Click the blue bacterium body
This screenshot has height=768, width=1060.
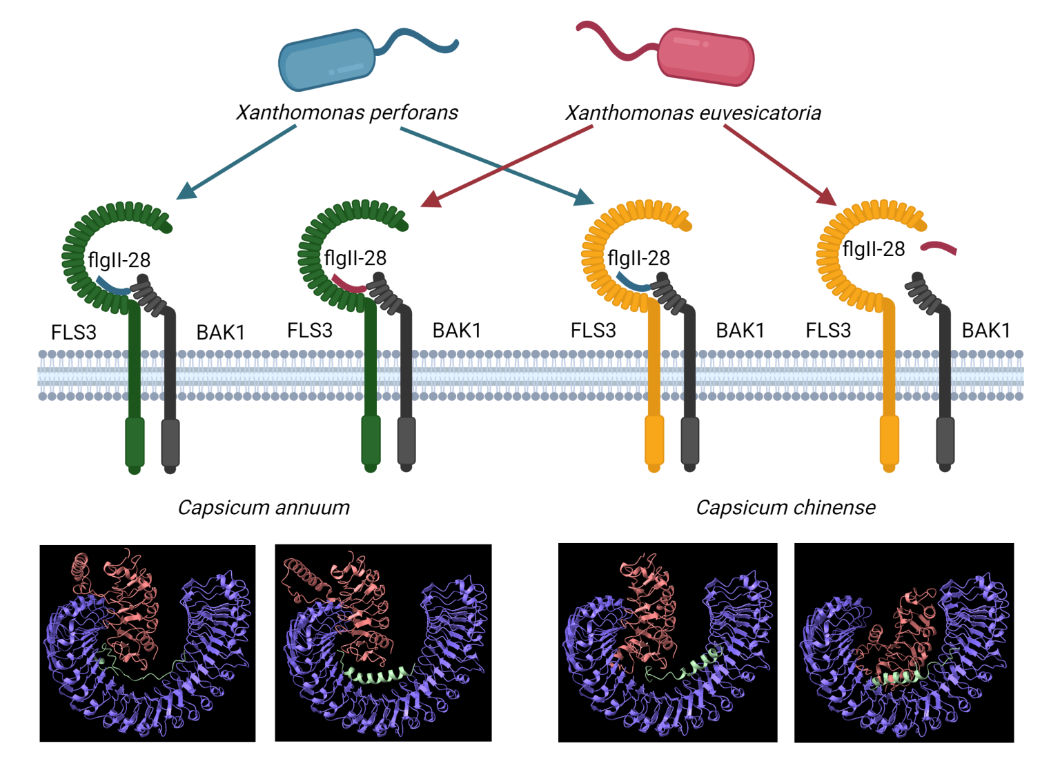pyautogui.click(x=326, y=60)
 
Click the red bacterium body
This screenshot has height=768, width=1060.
pyautogui.click(x=705, y=57)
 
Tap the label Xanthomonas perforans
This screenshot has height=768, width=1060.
pyautogui.click(x=347, y=112)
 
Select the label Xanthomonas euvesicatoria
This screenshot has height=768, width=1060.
pyautogui.click(x=693, y=113)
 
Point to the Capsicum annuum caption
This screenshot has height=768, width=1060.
pyautogui.click(x=264, y=508)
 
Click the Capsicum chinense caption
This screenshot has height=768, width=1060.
pyautogui.click(x=785, y=508)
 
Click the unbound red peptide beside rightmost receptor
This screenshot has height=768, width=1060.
pyautogui.click(x=939, y=248)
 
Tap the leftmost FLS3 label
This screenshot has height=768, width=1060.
pyautogui.click(x=74, y=333)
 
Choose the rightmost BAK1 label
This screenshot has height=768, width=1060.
pyautogui.click(x=985, y=331)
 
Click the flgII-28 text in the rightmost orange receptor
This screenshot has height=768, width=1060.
pyautogui.click(x=874, y=249)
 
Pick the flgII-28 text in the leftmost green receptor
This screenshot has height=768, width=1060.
pyautogui.click(x=119, y=260)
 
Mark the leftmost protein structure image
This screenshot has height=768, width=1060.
pyautogui.click(x=148, y=643)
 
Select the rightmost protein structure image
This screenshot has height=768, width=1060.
pyautogui.click(x=904, y=643)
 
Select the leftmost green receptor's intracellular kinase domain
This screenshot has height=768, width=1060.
pyautogui.click(x=135, y=442)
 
